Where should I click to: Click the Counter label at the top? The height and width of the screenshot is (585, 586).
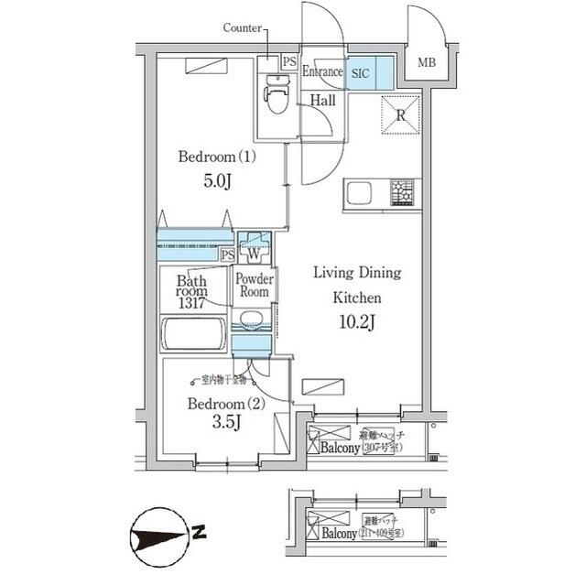[x=242, y=27]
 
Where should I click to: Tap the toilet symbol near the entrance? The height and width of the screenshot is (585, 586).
[x=276, y=97]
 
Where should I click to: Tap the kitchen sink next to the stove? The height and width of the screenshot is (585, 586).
[x=358, y=194]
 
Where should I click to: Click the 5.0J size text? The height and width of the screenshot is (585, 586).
[x=216, y=181]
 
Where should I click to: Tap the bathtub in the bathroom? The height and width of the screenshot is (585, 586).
[x=193, y=333]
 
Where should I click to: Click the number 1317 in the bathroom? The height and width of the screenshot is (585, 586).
[x=190, y=303]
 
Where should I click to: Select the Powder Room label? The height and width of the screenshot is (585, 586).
[x=253, y=286]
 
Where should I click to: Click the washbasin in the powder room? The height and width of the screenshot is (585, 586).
[x=252, y=320]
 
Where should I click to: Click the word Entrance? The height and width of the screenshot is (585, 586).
[x=322, y=71]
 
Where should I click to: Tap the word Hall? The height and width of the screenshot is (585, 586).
[x=321, y=100]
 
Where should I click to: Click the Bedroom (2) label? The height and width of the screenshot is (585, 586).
[x=216, y=403]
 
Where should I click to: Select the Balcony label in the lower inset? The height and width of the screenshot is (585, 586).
[x=340, y=532]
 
